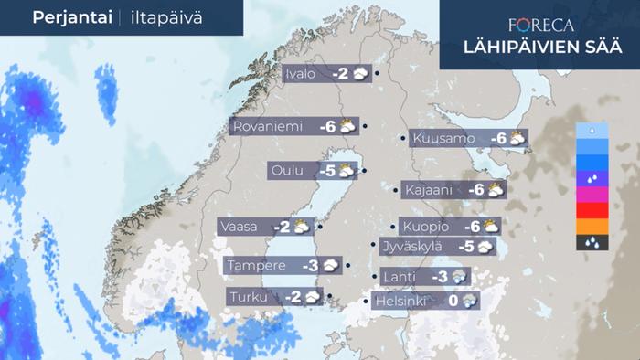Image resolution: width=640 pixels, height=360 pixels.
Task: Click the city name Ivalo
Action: point(301,74)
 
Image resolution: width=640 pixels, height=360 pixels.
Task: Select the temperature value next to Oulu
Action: point(326,171)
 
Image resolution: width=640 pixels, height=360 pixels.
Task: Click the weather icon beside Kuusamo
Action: point(517,139)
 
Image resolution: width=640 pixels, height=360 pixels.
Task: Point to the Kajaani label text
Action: point(431,190)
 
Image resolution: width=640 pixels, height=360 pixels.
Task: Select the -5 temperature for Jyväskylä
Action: point(464,246)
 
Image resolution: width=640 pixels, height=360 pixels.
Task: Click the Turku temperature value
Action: point(293,297)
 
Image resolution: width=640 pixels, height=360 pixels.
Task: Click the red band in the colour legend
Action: point(590,210)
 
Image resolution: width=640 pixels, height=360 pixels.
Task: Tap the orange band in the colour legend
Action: point(590,227)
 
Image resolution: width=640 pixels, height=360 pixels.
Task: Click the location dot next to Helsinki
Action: point(365,302)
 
